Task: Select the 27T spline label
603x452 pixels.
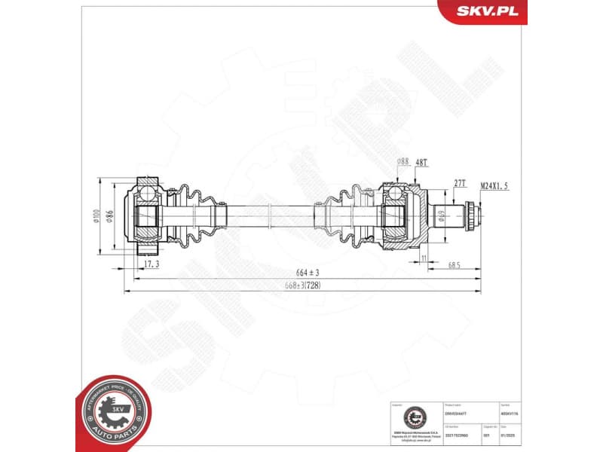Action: tap(460, 184)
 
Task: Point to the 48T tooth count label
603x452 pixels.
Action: tap(421, 160)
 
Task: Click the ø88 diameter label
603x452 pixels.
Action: tap(403, 160)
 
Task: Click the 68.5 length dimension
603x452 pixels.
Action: tap(453, 266)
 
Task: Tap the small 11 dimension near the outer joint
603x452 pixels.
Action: tap(424, 258)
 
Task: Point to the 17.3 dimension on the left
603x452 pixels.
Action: tap(151, 265)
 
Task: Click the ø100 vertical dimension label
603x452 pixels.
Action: tap(96, 217)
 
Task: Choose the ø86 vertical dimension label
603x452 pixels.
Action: tap(109, 217)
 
